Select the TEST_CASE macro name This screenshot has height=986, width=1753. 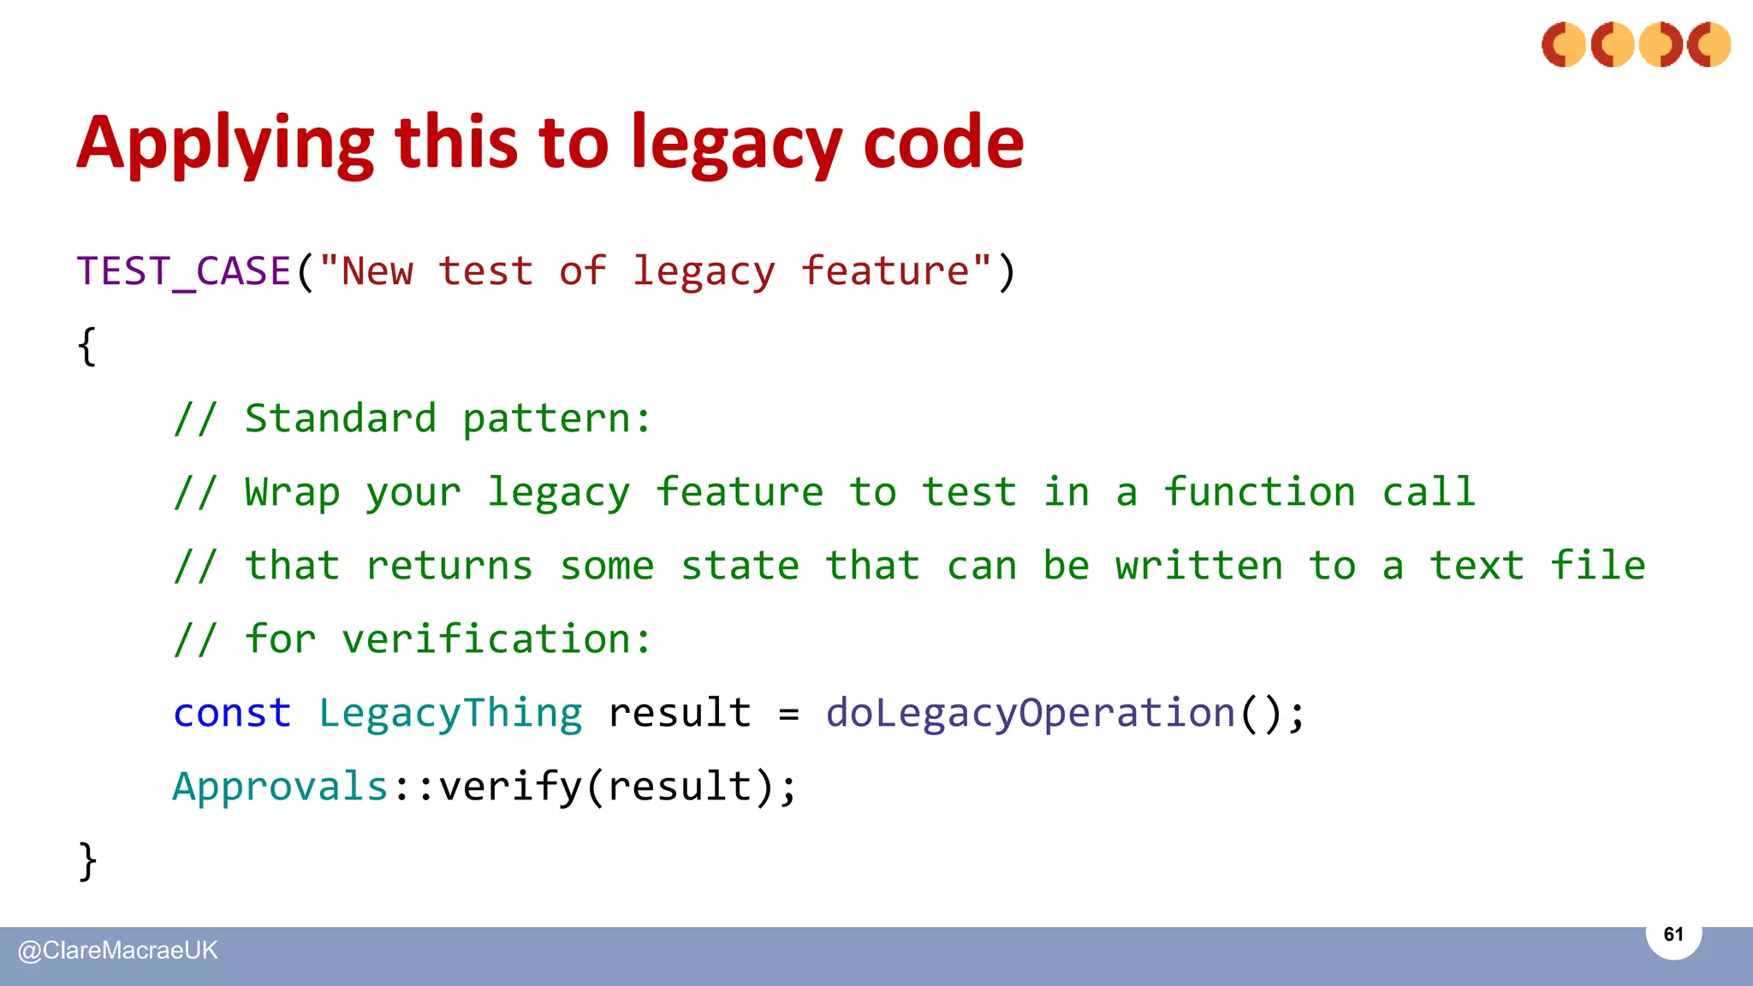(184, 271)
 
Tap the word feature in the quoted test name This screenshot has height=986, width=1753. (884, 271)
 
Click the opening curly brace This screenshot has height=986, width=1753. (86, 347)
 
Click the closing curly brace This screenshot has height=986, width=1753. (86, 860)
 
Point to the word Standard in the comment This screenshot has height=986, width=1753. (341, 419)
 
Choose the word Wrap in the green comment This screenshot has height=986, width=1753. (292, 492)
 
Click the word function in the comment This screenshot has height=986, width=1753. (1259, 492)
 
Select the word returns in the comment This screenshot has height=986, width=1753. (449, 566)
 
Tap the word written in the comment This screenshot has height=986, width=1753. (1198, 566)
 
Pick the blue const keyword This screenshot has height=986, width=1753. (232, 713)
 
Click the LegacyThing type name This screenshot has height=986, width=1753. (450, 713)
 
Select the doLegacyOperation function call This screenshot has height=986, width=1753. (1031, 713)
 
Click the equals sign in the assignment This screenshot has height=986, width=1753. (788, 713)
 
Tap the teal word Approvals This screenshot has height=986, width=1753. (281, 787)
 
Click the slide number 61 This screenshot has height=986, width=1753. (1673, 934)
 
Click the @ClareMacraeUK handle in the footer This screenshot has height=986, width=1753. (118, 950)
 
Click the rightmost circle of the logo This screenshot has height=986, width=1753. (1708, 45)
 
